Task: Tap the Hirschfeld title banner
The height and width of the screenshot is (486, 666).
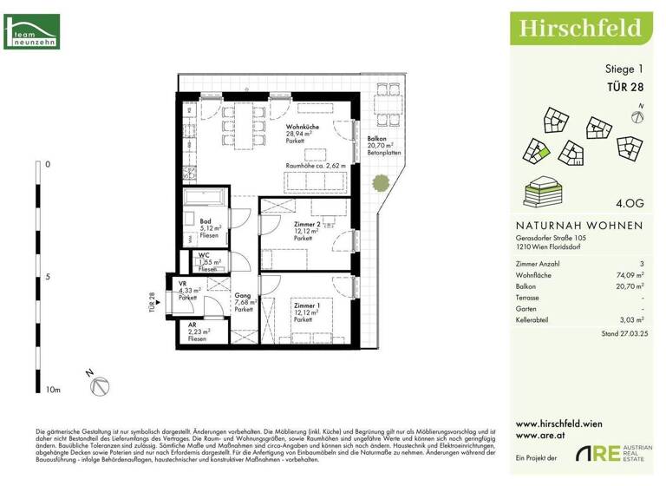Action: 580,28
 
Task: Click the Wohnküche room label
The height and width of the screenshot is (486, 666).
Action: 302,128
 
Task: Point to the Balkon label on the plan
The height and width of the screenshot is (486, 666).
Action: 377,139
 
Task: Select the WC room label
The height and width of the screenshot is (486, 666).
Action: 204,255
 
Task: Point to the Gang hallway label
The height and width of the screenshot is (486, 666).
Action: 242,296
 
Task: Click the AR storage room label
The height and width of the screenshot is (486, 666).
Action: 193,325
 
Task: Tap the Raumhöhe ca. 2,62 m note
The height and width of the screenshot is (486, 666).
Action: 316,165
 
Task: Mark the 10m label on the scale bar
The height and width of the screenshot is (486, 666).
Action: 52,391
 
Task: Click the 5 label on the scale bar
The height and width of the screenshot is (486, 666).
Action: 48,278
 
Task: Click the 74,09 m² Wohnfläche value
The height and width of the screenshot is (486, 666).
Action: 629,273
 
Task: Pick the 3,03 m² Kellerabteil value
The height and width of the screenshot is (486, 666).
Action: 630,319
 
